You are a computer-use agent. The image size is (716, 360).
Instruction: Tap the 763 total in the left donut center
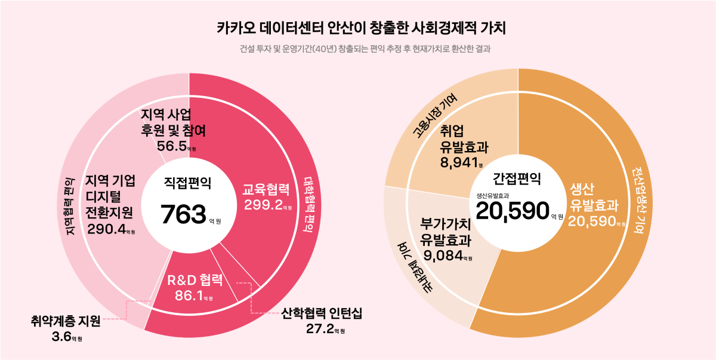click(183, 214)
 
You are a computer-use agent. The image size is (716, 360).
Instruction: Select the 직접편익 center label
click(188, 184)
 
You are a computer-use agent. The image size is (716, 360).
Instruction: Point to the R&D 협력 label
click(195, 280)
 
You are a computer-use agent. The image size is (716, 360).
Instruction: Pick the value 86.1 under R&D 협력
click(189, 295)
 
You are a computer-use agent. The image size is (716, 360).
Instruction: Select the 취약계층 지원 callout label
click(66, 322)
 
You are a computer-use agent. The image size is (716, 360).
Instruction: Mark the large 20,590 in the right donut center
click(512, 211)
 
